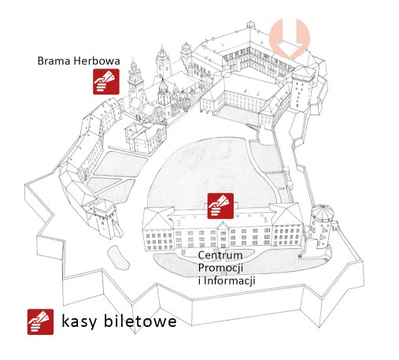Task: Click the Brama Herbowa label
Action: pyautogui.click(x=79, y=61)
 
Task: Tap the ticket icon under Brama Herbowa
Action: pyautogui.click(x=106, y=82)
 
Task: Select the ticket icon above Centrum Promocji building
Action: pyautogui.click(x=220, y=206)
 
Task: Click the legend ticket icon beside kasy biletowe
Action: pyautogui.click(x=40, y=321)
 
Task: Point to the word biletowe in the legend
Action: pyautogui.click(x=140, y=321)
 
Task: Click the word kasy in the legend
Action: pyautogui.click(x=79, y=321)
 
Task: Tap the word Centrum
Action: pyautogui.click(x=220, y=255)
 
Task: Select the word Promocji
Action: pyautogui.click(x=220, y=268)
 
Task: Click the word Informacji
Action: pyautogui.click(x=230, y=280)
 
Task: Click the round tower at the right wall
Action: pyautogui.click(x=322, y=226)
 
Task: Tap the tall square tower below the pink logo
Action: pyautogui.click(x=302, y=88)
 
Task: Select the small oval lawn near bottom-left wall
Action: pyautogui.click(x=118, y=258)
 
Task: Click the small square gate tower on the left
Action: pyautogui.click(x=104, y=219)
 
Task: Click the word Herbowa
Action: pyautogui.click(x=97, y=61)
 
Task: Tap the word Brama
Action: pyautogui.click(x=54, y=61)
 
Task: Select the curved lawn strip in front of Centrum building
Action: pyautogui.click(x=236, y=262)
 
